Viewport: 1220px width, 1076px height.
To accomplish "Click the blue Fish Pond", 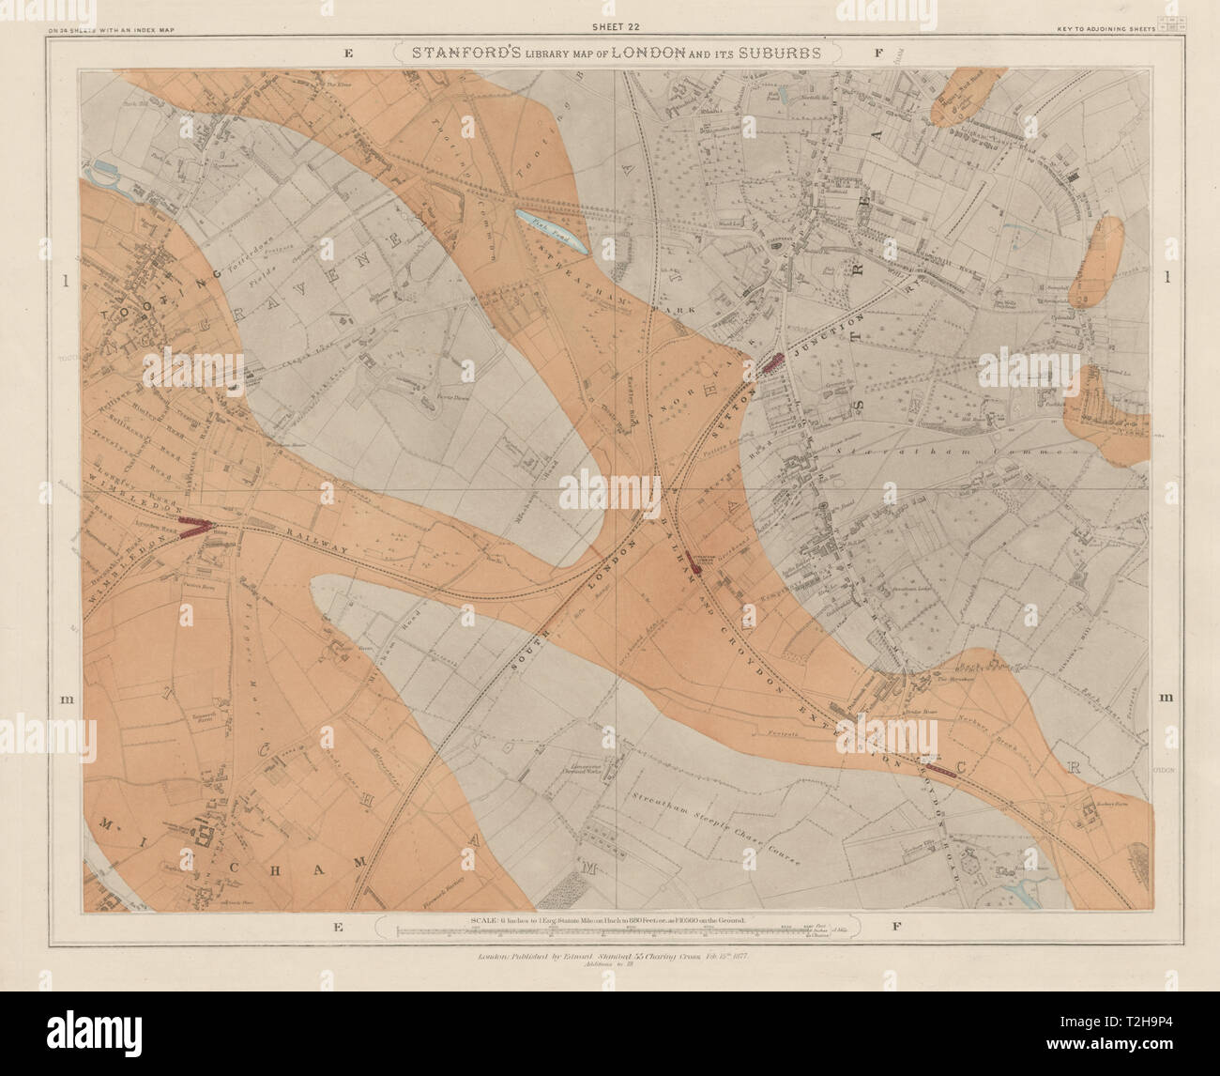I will tap(552, 230).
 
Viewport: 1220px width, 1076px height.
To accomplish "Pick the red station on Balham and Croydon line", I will tap(696, 562).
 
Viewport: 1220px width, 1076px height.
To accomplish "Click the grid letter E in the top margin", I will tap(347, 54).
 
